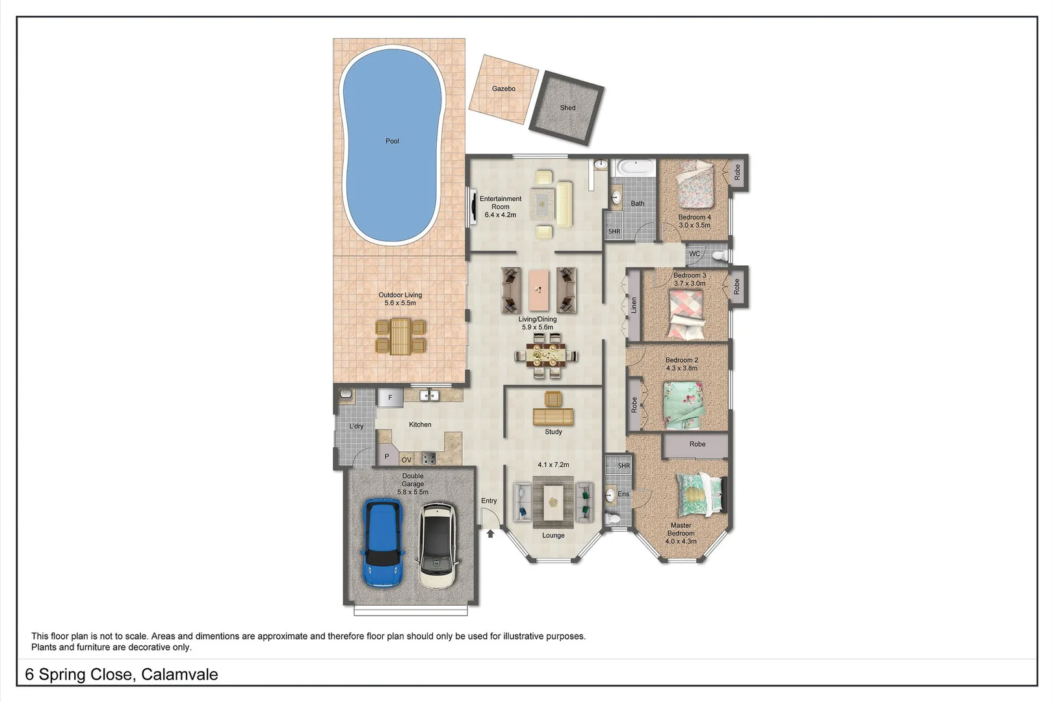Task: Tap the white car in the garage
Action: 437,545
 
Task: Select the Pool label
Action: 392,141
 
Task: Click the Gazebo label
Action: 503,88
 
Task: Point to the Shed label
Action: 567,108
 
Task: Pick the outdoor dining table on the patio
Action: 400,336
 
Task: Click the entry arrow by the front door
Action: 491,534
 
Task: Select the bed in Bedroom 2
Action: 684,405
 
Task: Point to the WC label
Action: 694,254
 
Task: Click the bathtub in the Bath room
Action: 635,168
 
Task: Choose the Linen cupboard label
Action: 634,305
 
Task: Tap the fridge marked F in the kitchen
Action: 390,397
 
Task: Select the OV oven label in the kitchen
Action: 406,460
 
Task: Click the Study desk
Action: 553,416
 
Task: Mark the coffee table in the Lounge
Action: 553,503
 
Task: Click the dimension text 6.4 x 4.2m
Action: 500,215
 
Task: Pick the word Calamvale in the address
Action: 179,675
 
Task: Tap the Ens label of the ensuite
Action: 623,494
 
